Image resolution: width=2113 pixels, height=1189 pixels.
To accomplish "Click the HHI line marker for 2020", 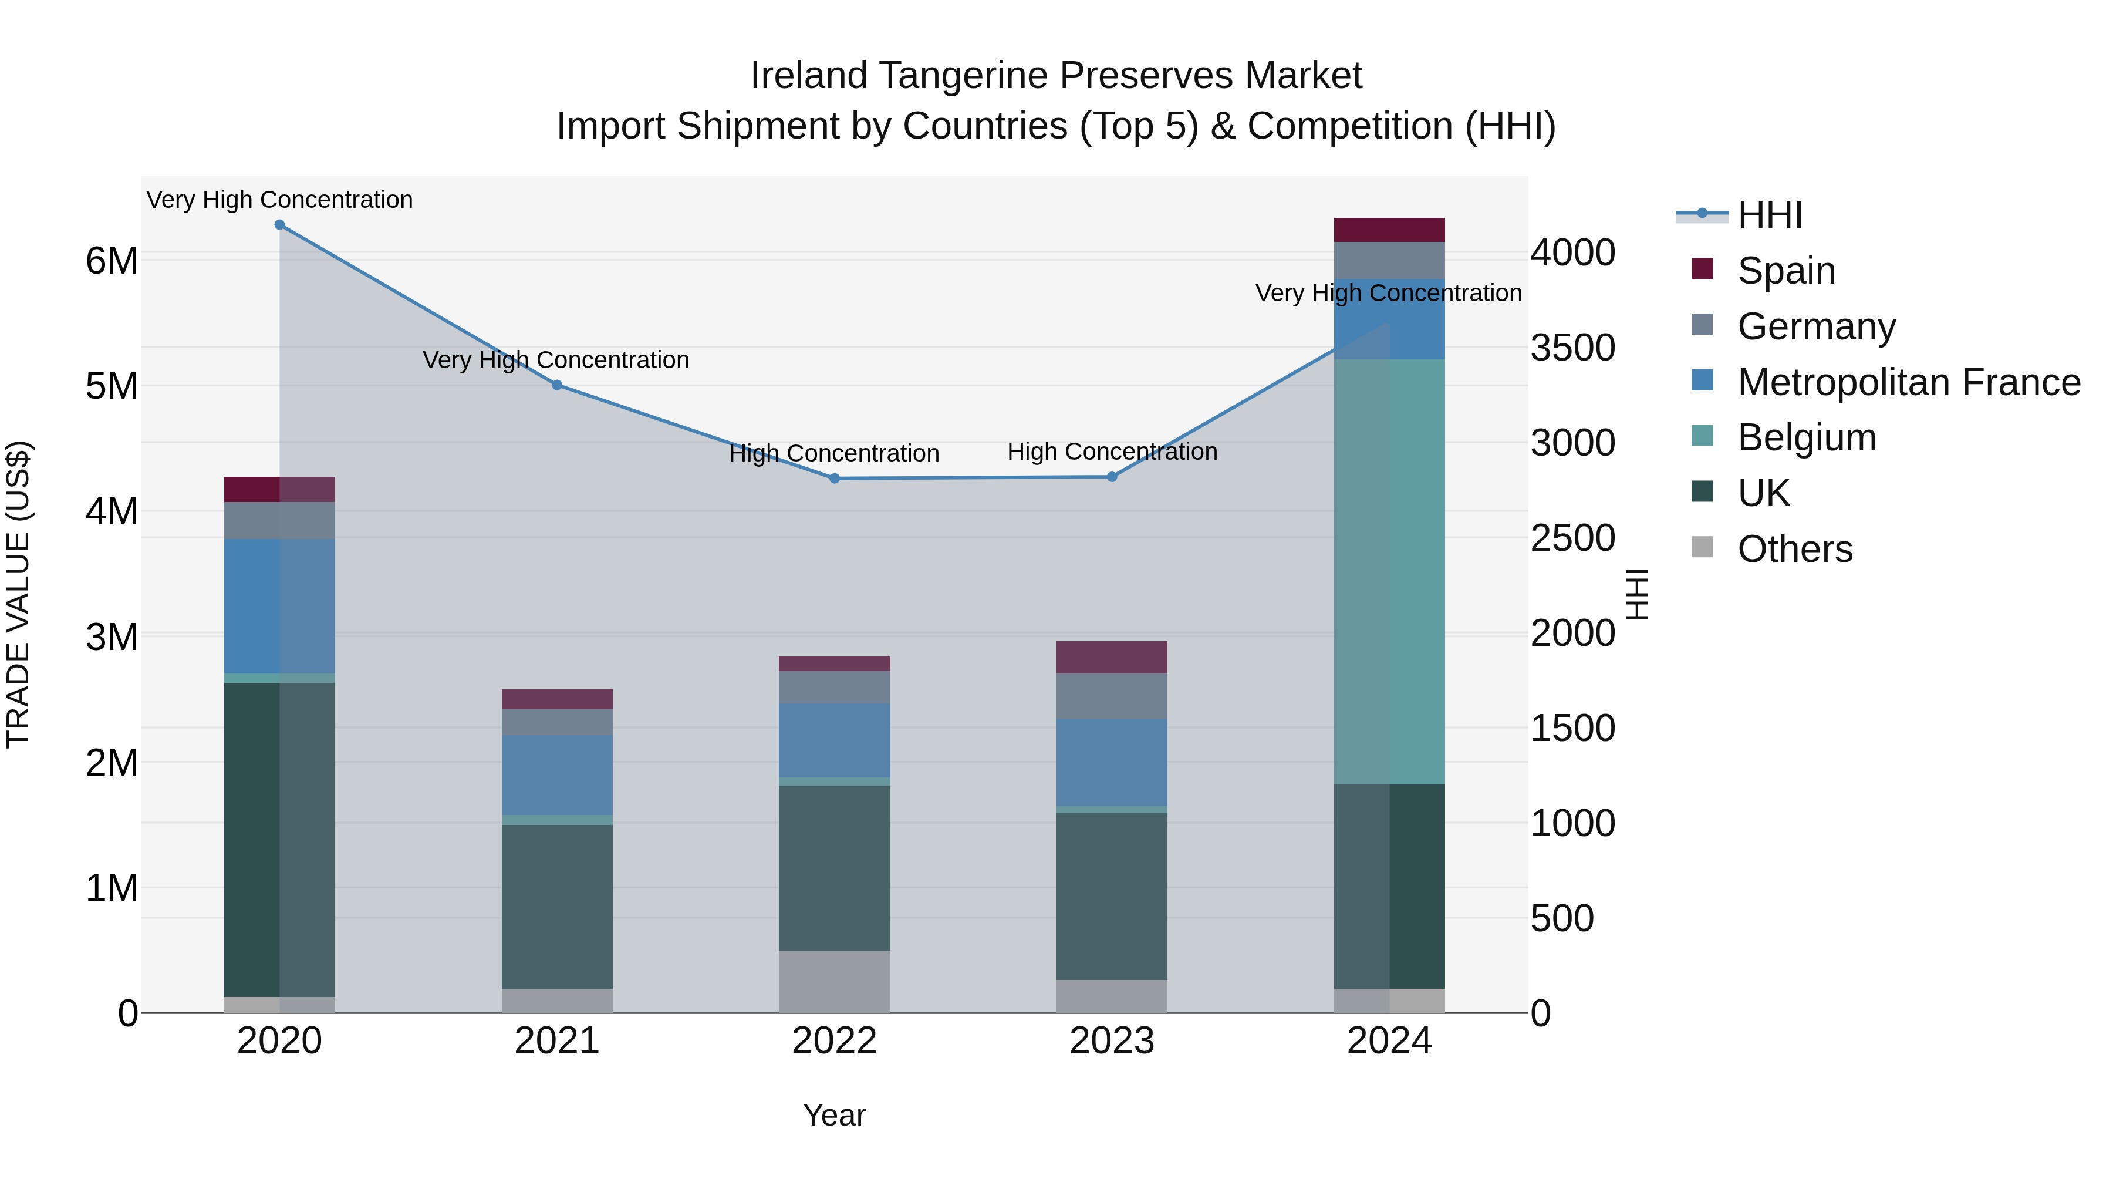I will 280,225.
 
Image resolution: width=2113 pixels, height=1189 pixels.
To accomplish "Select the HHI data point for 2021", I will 557,385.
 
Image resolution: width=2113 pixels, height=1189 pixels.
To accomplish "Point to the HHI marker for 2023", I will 1112,477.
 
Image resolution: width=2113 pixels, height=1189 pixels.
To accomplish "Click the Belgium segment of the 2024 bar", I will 1389,572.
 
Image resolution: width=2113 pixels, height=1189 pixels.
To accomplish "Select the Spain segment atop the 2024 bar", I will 1389,230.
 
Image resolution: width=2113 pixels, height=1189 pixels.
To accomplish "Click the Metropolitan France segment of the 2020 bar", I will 280,607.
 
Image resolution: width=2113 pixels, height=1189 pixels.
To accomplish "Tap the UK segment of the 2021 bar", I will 557,907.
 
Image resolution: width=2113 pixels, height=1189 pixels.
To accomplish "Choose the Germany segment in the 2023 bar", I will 1112,696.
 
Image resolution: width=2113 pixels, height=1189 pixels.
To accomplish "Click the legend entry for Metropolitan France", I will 1909,382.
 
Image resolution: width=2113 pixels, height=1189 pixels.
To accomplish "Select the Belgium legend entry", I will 1806,437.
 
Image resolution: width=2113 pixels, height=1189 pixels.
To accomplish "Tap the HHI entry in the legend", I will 1769,215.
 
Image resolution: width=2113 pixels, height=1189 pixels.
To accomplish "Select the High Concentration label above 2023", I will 1112,452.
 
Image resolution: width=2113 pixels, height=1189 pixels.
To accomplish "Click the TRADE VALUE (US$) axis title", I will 18,594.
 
